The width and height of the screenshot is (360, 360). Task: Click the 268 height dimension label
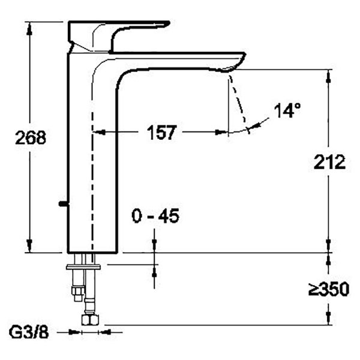pos(31,138)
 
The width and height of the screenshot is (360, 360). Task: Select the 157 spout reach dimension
pos(161,133)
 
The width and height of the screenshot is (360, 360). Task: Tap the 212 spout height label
pos(329,162)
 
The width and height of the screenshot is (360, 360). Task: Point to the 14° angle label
pos(287,110)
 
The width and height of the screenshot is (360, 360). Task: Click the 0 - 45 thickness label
pos(155,216)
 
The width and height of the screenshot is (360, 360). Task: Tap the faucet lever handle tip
pos(168,23)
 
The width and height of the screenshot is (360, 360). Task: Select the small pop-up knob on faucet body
pos(64,203)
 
